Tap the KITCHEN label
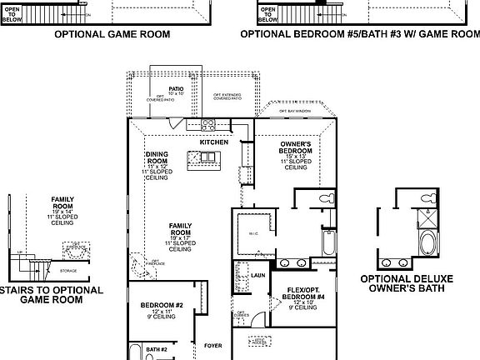[x=213, y=142]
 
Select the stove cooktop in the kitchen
[x=209, y=127]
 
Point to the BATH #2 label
[x=157, y=349]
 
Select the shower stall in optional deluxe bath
[x=427, y=218]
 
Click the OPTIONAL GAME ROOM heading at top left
[x=112, y=35]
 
